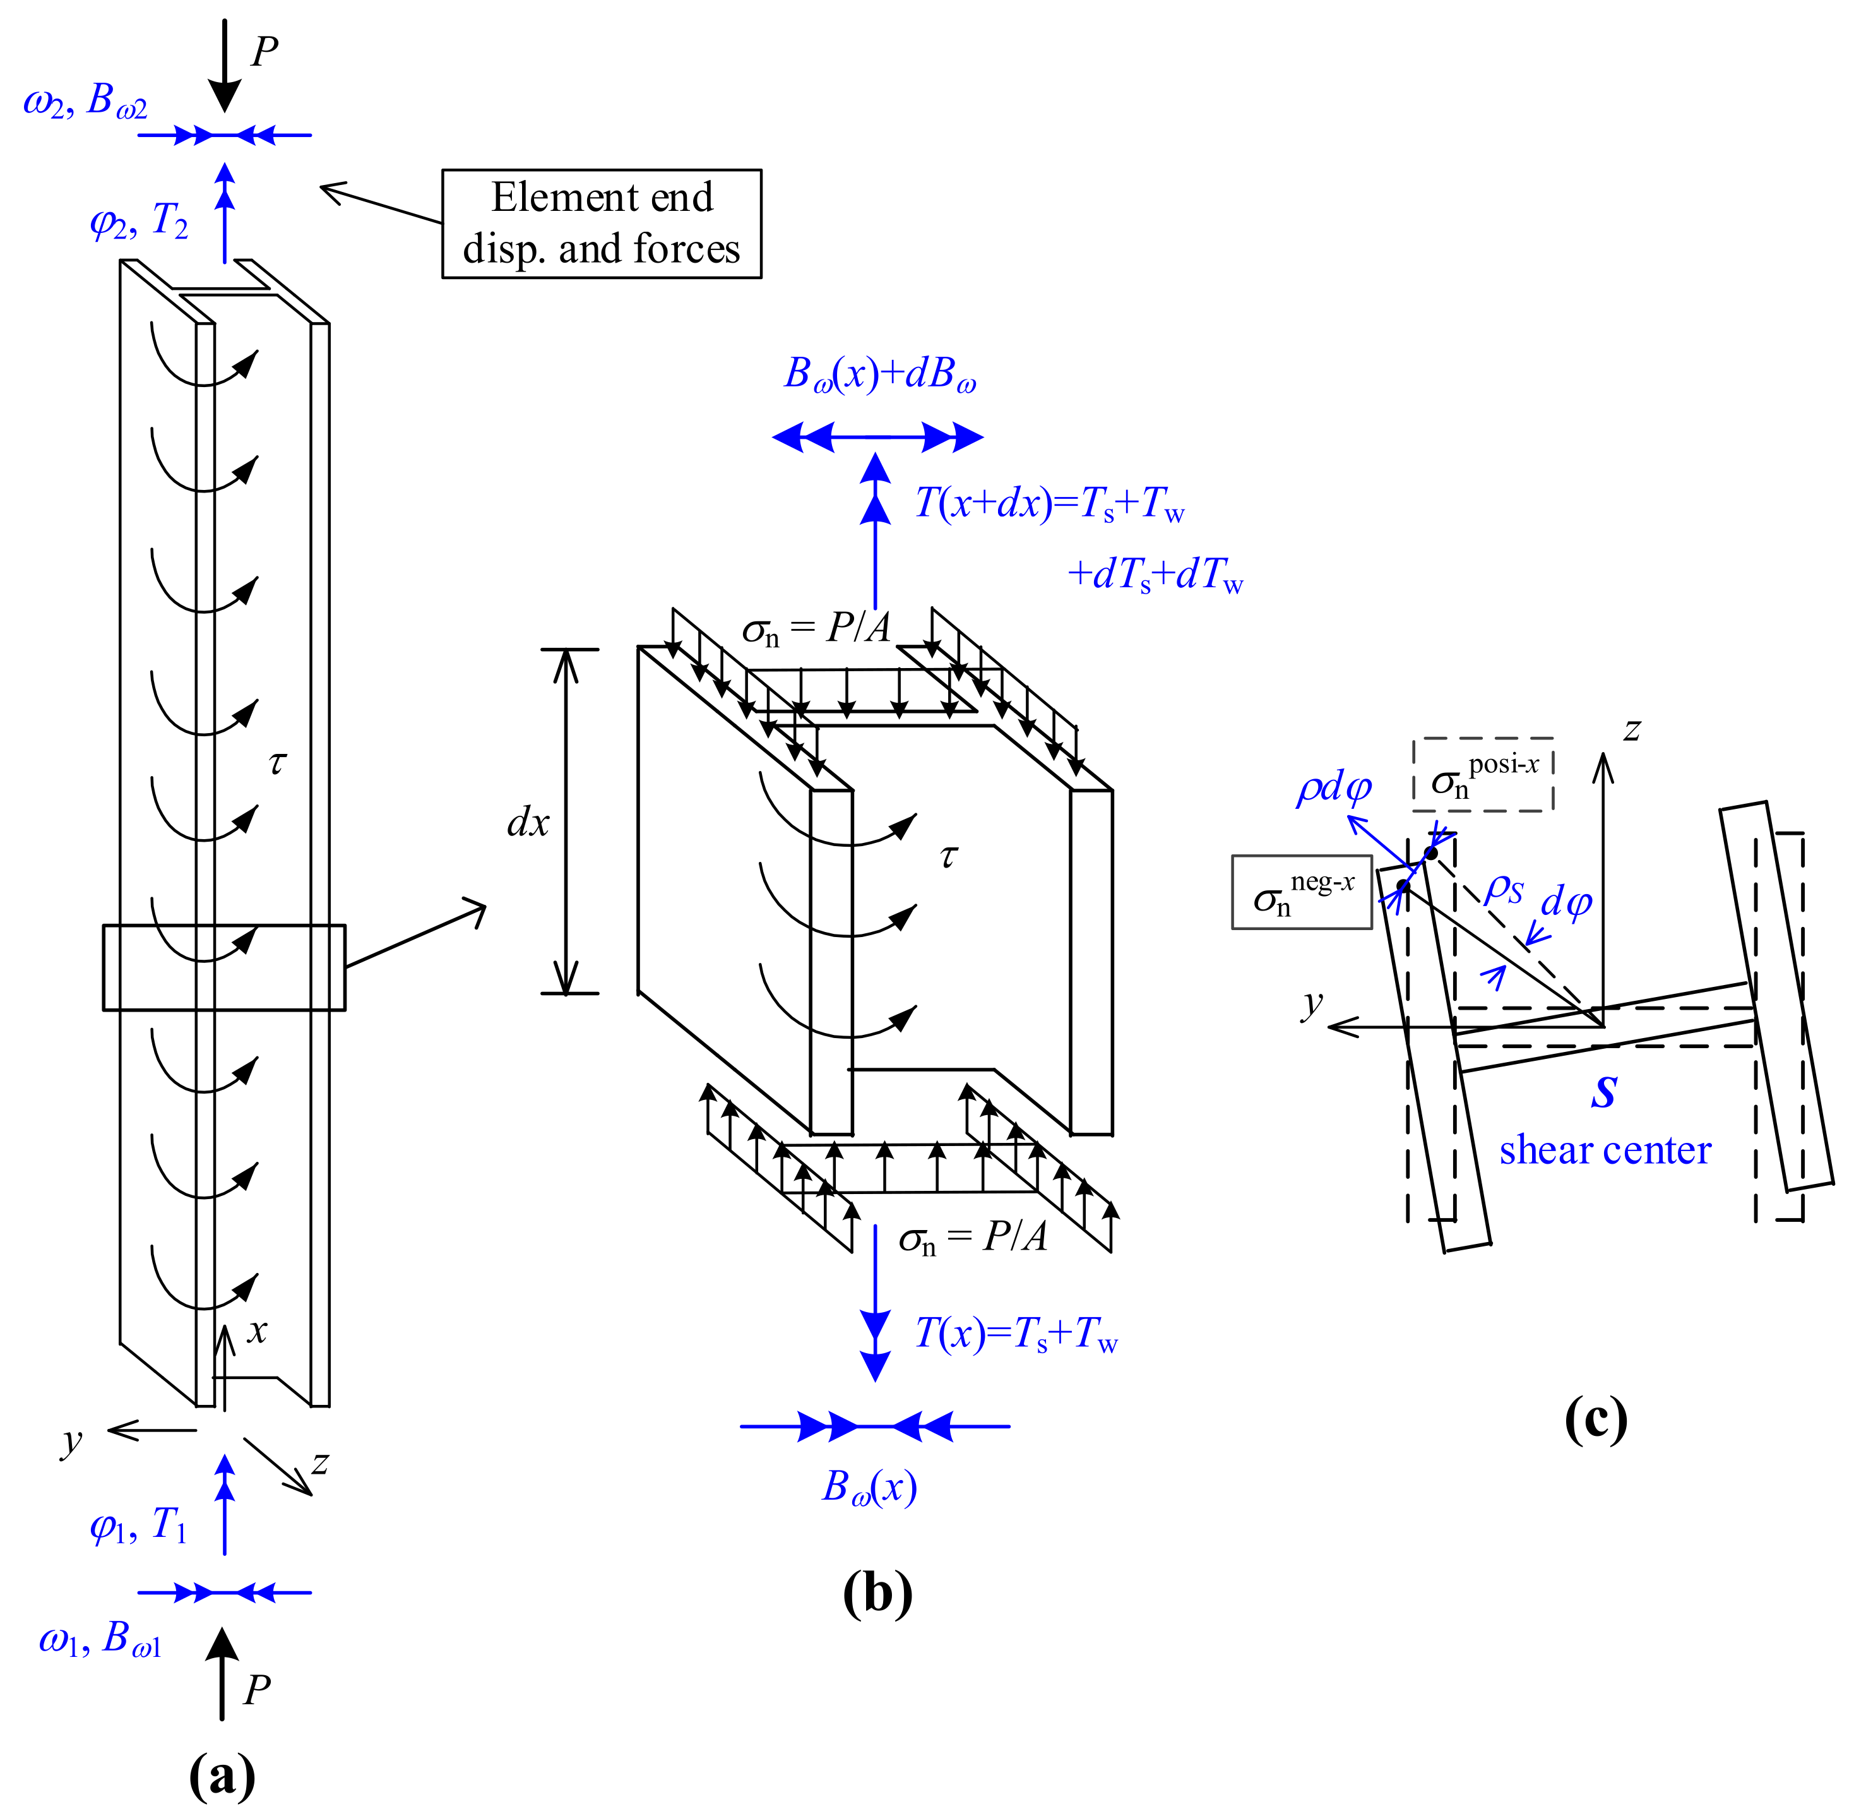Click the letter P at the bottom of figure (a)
coord(256,1689)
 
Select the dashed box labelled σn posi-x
coord(1482,775)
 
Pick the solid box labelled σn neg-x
coord(1301,892)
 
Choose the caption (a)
coord(222,1775)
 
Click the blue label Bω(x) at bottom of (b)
coord(869,1486)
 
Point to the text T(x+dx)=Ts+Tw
coord(1049,503)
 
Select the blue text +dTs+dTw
coord(1154,574)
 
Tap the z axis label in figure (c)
coord(1632,731)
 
